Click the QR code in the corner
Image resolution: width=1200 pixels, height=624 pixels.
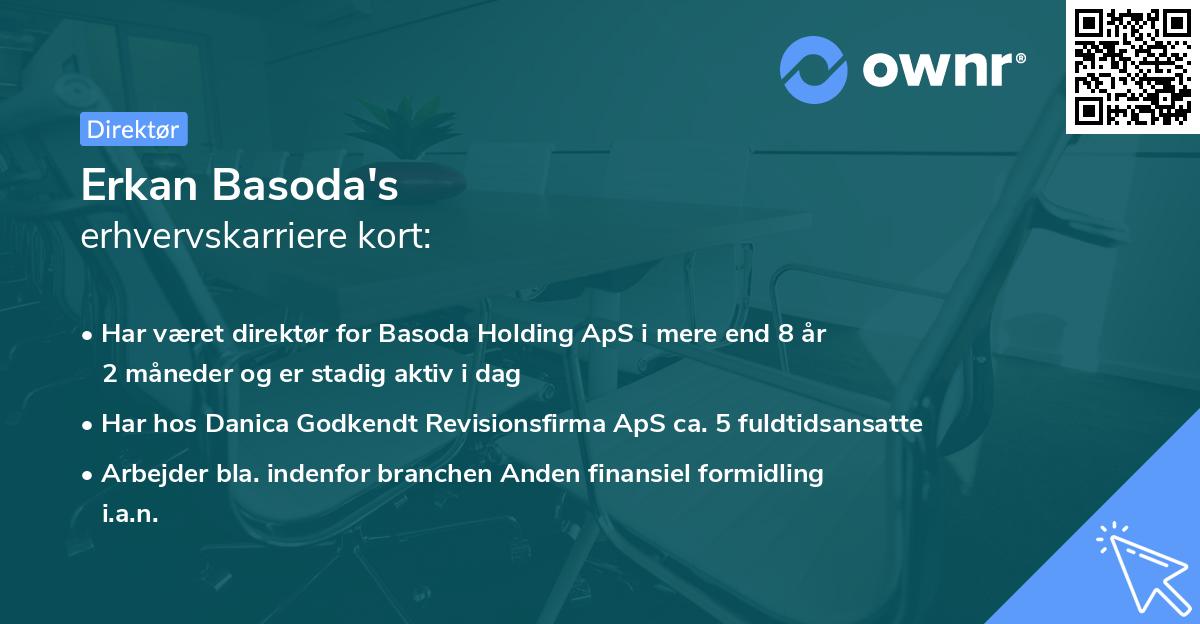[1132, 66]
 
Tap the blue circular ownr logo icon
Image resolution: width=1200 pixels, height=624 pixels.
[813, 69]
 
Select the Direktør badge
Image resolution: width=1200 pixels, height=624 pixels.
[132, 129]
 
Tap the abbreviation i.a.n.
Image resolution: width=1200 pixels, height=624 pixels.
[130, 513]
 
